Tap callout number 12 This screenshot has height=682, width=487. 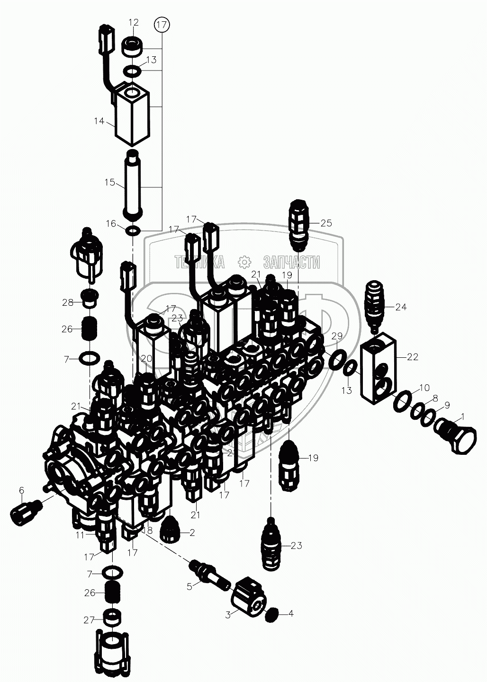134,23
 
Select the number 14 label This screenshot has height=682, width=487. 99,121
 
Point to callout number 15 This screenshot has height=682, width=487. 110,182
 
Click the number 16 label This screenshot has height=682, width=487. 111,224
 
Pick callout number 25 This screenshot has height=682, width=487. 326,223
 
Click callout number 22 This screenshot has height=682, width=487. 413,356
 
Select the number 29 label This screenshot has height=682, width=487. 337,336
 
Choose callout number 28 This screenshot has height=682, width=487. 68,302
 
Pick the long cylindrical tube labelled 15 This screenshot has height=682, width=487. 132,186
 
